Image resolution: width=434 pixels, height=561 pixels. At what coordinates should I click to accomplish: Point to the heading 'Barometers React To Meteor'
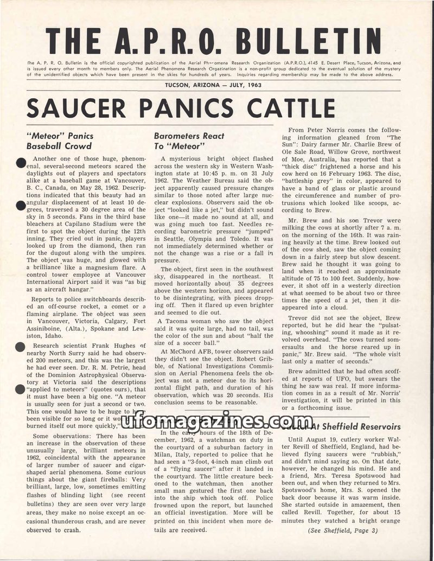[x=181, y=141]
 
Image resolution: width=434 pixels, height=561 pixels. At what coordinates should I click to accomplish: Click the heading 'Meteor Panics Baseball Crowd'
[x=60, y=141]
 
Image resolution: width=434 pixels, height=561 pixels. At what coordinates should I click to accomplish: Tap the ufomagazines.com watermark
[x=217, y=420]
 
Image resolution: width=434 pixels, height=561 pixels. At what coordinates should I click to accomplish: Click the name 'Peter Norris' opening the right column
[x=339, y=130]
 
